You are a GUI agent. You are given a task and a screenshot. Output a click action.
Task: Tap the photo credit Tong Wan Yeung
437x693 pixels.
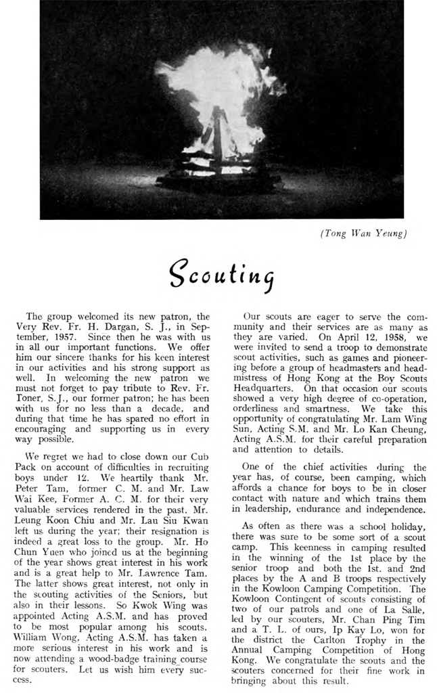click(x=363, y=234)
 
